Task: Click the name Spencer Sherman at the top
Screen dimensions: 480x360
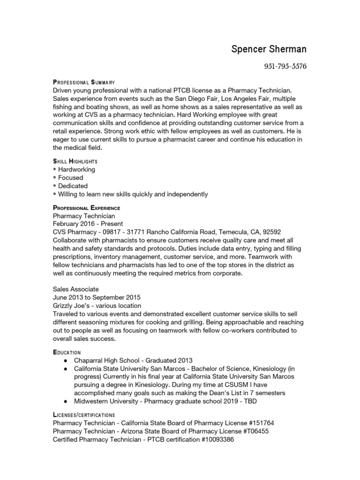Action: pos(269,49)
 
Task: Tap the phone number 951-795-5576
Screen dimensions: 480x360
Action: pos(285,66)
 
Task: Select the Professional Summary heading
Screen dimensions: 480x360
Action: pos(84,82)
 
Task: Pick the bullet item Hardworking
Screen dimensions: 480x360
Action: pos(76,169)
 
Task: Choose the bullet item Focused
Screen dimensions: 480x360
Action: pos(71,178)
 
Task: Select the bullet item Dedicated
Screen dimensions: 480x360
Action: pos(73,186)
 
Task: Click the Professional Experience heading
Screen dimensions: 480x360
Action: pos(87,208)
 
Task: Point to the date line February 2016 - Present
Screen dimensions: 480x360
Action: pos(88,224)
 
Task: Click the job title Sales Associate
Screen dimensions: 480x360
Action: pos(76,289)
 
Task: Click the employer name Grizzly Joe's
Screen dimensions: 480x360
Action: pos(73,306)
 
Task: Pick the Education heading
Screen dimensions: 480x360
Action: pos(67,352)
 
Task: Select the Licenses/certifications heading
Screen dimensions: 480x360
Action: pos(84,415)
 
